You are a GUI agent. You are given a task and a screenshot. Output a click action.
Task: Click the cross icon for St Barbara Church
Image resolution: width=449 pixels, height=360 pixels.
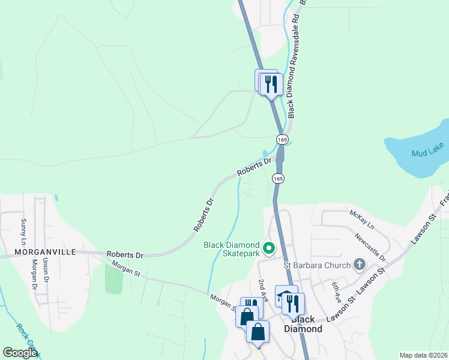tap(359, 264)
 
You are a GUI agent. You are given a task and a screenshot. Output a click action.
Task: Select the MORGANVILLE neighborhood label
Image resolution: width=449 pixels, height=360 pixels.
tap(41, 253)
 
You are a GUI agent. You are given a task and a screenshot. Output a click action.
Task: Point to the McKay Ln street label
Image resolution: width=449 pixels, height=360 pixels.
tap(361, 220)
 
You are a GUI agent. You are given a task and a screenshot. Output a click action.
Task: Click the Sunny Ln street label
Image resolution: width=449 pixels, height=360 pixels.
tap(24, 231)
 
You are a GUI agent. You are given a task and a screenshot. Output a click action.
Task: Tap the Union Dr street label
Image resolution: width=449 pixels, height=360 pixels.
tap(46, 271)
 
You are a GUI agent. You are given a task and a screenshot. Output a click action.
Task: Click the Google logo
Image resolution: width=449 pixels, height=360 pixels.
tap(20, 353)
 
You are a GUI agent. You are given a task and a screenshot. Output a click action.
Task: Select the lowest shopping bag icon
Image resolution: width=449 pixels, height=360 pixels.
tap(258, 331)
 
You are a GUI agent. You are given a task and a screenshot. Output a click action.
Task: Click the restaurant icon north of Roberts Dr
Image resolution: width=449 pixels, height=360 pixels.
tap(271, 85)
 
